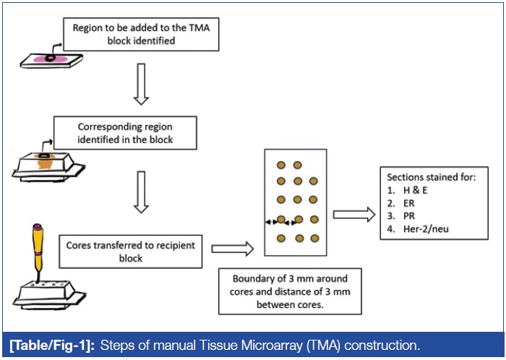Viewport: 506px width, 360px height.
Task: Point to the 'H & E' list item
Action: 419,191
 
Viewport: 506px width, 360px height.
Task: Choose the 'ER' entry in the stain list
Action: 411,205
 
